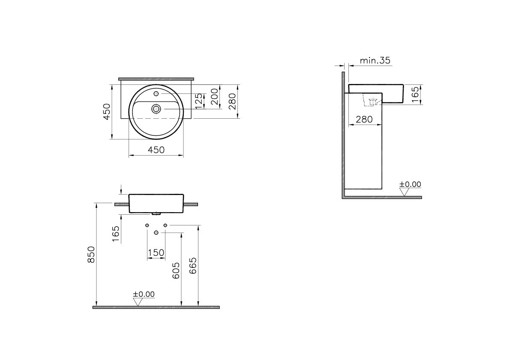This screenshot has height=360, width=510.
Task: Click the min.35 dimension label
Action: coord(375,60)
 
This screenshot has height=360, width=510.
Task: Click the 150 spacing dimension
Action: coord(156,253)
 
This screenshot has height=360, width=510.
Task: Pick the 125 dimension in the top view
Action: coord(198,101)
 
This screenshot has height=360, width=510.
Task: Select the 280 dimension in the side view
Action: coord(364,120)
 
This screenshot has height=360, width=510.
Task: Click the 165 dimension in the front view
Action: coord(116,234)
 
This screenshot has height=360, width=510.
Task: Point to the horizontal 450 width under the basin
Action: coord(156,150)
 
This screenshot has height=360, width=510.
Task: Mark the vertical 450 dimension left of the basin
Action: coord(107,111)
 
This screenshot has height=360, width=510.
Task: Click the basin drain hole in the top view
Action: coord(156,109)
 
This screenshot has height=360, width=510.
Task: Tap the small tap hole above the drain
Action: coord(156,93)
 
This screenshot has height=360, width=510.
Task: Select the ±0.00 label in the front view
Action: coord(144,294)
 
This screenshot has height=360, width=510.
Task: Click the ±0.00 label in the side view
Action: coord(410,184)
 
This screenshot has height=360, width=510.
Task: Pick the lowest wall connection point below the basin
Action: coord(156,232)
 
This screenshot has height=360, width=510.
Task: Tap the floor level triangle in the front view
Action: coord(138,302)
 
